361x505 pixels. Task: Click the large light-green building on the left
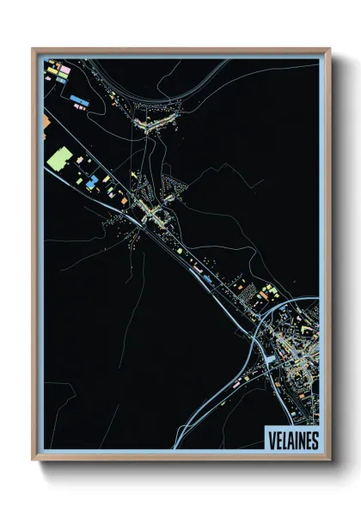click(x=59, y=160)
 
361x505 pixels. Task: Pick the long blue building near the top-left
click(x=80, y=100)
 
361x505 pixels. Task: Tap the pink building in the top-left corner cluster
click(x=62, y=68)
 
